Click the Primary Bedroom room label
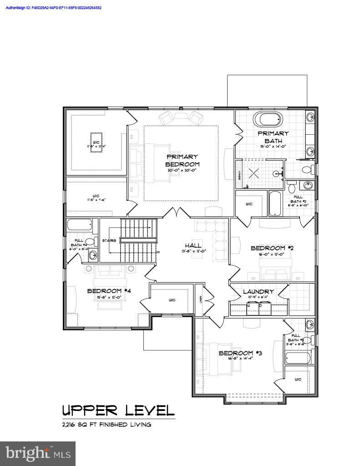(182, 160)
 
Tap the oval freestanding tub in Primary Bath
(268, 120)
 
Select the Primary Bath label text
(273, 137)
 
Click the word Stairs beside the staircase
(109, 240)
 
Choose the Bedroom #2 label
(272, 248)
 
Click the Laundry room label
(258, 292)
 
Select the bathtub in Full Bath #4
(80, 224)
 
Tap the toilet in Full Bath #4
(89, 242)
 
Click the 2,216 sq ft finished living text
(106, 425)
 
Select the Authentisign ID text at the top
(54, 8)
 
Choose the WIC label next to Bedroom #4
(172, 300)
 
